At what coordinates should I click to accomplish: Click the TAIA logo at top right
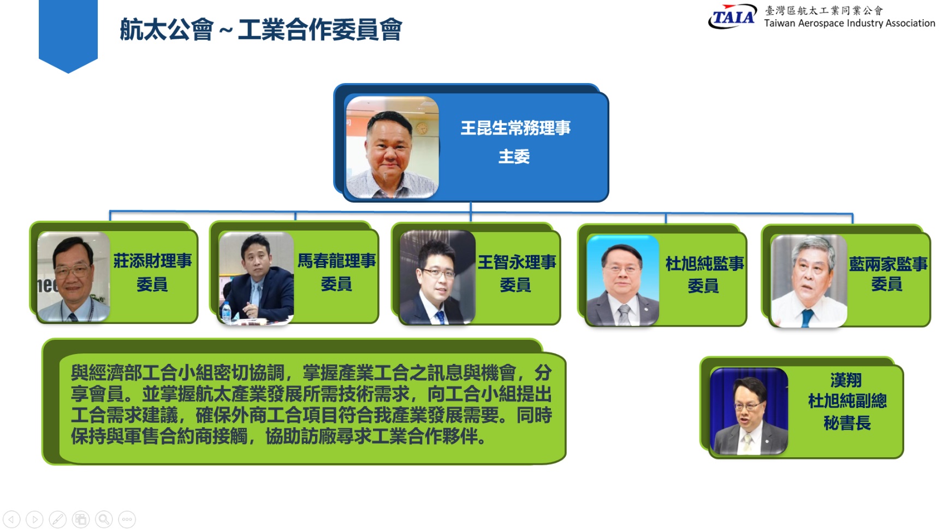click(x=732, y=16)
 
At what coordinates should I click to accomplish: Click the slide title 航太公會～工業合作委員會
click(x=261, y=29)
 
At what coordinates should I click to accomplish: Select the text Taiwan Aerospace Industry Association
click(x=850, y=23)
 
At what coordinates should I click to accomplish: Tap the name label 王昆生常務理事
click(x=515, y=128)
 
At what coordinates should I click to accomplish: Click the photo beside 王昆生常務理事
click(x=392, y=147)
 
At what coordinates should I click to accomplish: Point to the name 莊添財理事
click(x=152, y=261)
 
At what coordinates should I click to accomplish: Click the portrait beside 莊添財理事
click(x=73, y=276)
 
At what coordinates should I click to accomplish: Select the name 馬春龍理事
click(x=336, y=261)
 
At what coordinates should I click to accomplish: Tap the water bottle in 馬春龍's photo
click(x=226, y=312)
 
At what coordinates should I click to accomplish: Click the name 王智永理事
click(x=517, y=262)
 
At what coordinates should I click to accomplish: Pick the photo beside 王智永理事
click(x=437, y=278)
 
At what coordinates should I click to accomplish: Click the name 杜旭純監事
click(x=704, y=264)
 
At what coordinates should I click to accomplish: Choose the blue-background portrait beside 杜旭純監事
click(x=622, y=280)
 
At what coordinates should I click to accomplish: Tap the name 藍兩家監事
click(x=888, y=264)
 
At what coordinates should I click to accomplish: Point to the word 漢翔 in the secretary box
click(x=846, y=380)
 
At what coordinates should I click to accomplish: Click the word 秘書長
click(x=847, y=423)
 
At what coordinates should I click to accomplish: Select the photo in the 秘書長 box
click(x=749, y=411)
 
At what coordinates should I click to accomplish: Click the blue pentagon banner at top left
click(x=68, y=36)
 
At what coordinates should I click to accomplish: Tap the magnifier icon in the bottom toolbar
click(x=104, y=519)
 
